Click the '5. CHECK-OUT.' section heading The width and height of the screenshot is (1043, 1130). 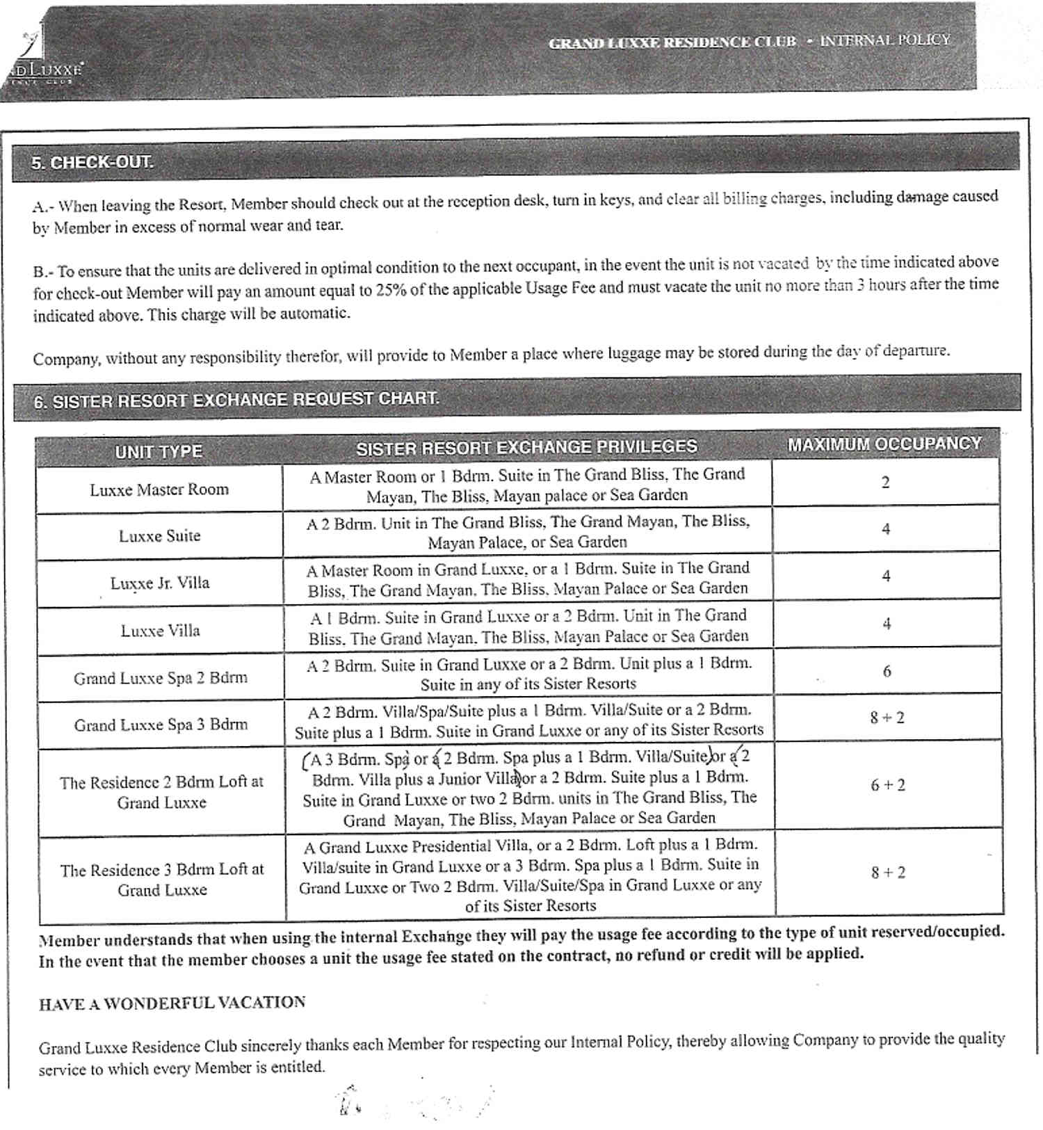tap(92, 163)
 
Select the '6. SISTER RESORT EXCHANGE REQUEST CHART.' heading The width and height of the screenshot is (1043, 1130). tap(236, 400)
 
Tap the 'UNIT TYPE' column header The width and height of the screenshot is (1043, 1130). tap(159, 451)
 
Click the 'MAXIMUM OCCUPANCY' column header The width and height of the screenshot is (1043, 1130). tap(884, 444)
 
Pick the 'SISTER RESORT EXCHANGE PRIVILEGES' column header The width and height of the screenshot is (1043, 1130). tap(526, 447)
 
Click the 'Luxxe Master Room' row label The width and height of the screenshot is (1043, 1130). tap(159, 490)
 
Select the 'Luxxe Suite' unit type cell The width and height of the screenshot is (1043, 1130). tap(159, 536)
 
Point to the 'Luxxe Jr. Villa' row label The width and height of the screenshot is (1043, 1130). tap(159, 583)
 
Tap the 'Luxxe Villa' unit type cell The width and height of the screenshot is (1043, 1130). tap(160, 631)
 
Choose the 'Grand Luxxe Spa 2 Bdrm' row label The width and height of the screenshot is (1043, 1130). tap(161, 678)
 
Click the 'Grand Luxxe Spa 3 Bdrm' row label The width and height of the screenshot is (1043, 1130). tap(161, 725)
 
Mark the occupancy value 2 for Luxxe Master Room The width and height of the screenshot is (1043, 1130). tap(885, 483)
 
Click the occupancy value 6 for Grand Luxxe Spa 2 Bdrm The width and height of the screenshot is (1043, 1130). tap(887, 672)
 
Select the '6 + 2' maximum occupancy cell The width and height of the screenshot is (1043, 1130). tap(888, 785)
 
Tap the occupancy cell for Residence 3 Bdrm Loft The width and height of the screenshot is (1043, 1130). tap(888, 872)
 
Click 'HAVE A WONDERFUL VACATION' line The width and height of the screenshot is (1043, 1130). tap(172, 1003)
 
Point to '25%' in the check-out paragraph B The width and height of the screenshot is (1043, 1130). tap(391, 290)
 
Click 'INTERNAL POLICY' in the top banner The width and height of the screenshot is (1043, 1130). tap(884, 40)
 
